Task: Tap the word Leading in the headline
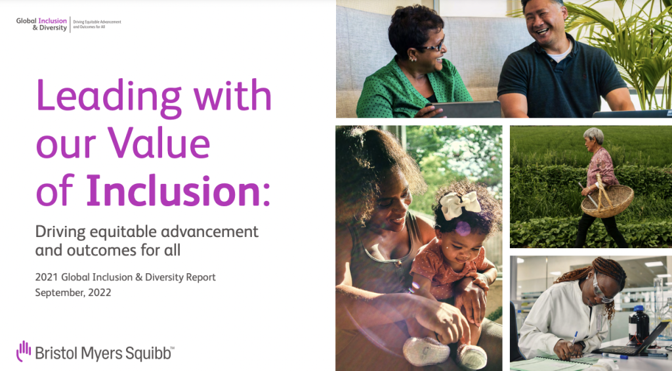(x=109, y=97)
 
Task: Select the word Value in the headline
(x=159, y=143)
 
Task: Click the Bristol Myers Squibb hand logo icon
(x=24, y=351)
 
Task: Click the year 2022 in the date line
(x=100, y=292)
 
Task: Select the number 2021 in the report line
(x=47, y=277)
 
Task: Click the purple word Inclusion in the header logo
(x=52, y=20)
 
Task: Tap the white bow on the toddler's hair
(x=460, y=204)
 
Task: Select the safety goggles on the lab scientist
(x=601, y=290)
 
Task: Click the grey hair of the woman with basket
(x=594, y=135)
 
